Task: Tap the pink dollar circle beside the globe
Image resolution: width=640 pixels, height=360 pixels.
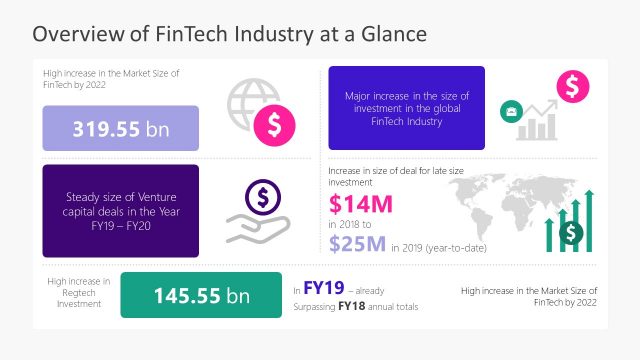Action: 273,125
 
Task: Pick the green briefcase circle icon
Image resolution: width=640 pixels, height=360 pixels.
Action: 510,112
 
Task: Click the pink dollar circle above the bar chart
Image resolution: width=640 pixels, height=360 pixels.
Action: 573,87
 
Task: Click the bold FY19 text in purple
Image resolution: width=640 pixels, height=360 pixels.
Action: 324,286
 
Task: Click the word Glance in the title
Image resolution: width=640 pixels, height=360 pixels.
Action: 391,34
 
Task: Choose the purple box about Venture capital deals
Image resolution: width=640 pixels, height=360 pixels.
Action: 120,211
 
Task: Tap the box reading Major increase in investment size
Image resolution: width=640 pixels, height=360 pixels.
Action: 406,108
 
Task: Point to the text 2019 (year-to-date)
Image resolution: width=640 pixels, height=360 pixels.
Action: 434,248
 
